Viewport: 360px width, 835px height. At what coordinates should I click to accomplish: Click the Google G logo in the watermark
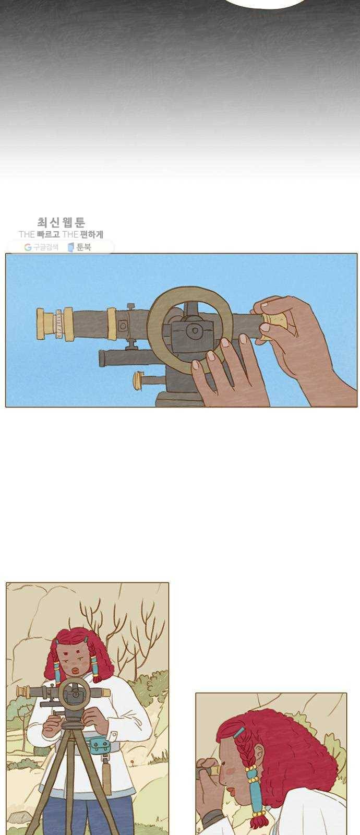point(28,247)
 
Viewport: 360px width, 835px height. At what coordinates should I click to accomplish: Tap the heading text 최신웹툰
point(61,222)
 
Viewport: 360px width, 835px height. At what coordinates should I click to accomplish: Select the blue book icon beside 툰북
point(71,247)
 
